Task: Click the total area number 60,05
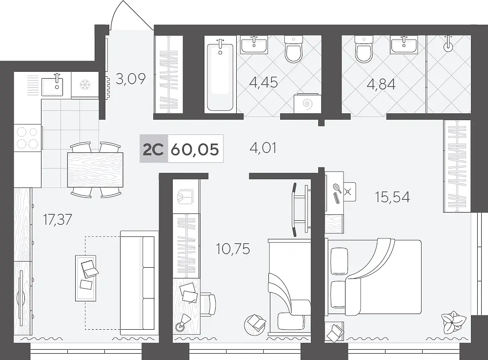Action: [195, 149]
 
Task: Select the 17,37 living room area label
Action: [58, 219]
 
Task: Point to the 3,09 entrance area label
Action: [131, 79]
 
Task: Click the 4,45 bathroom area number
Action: [264, 83]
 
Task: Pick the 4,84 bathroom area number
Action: [381, 84]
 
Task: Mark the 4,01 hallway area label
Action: [263, 148]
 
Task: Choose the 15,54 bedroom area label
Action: [392, 197]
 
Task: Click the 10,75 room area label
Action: [233, 249]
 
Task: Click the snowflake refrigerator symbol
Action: [84, 85]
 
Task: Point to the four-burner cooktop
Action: [27, 137]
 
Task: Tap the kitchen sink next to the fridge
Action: [52, 86]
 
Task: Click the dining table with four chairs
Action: [95, 169]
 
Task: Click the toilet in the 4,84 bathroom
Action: [364, 49]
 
